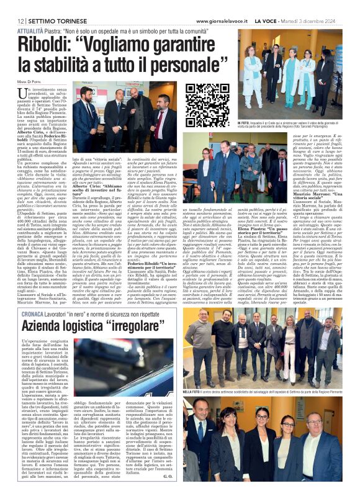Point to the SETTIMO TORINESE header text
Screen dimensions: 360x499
(x=48, y=6)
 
